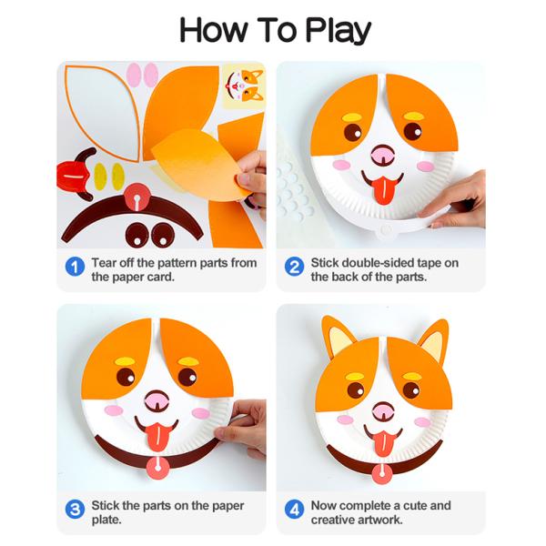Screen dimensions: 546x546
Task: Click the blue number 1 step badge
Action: pyautogui.click(x=75, y=267)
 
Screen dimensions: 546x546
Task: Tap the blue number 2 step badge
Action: pyautogui.click(x=294, y=267)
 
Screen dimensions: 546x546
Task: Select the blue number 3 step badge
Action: pyautogui.click(x=75, y=510)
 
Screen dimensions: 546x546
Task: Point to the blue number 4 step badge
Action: pyautogui.click(x=294, y=510)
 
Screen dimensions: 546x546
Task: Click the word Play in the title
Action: pyautogui.click(x=338, y=31)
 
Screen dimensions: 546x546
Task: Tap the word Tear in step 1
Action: pyautogui.click(x=104, y=263)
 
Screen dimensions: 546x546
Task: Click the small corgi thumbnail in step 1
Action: pyautogui.click(x=244, y=86)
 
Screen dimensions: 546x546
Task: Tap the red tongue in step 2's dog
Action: pyautogui.click(x=383, y=190)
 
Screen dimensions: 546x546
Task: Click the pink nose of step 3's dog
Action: pyautogui.click(x=157, y=400)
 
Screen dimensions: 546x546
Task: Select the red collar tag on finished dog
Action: pyautogui.click(x=382, y=474)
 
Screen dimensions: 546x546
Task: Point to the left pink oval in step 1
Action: pyautogui.click(x=133, y=75)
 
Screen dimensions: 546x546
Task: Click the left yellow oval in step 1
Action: pyautogui.click(x=100, y=177)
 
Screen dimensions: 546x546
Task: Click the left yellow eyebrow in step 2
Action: pyautogui.click(x=353, y=117)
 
